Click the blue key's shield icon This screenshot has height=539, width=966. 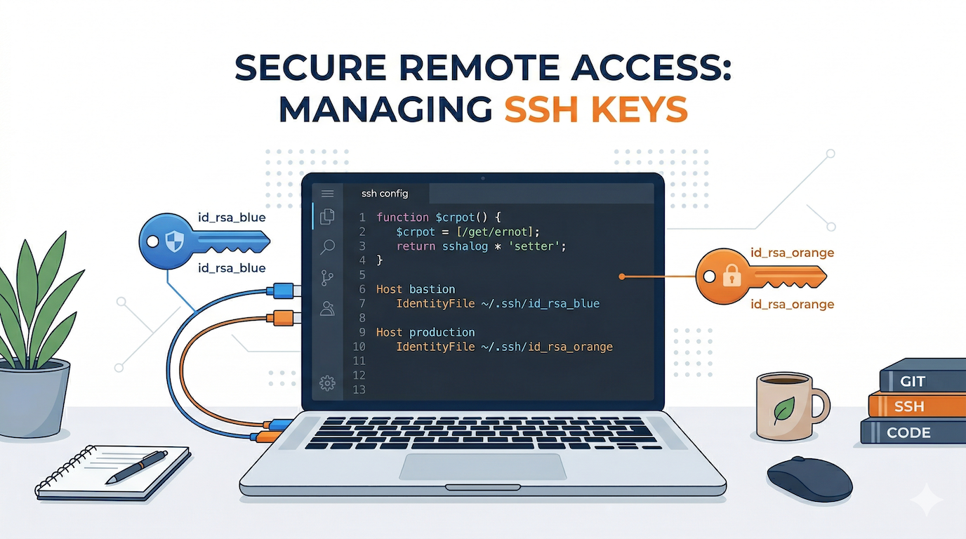pyautogui.click(x=173, y=242)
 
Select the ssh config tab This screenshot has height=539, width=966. pyautogui.click(x=384, y=193)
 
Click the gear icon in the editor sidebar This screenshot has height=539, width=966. pyautogui.click(x=327, y=382)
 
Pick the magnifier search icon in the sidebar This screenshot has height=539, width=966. pyautogui.click(x=327, y=246)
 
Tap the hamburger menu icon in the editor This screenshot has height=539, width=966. pyautogui.click(x=327, y=193)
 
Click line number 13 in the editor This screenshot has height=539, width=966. pyautogui.click(x=359, y=390)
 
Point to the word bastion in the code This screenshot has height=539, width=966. pyautogui.click(x=432, y=289)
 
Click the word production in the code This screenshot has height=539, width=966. pyautogui.click(x=442, y=332)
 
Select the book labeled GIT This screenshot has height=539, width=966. pyautogui.click(x=913, y=382)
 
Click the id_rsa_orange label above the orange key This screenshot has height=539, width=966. pyautogui.click(x=792, y=253)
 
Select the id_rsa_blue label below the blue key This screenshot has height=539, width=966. pyautogui.click(x=232, y=267)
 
